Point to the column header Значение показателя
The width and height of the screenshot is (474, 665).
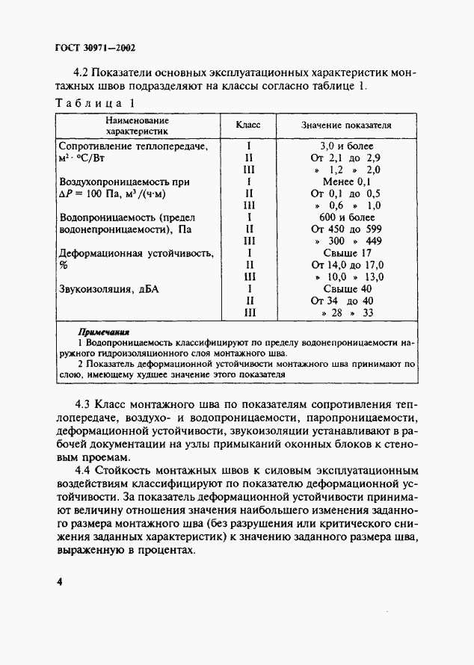click(346, 125)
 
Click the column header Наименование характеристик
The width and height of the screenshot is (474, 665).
click(137, 124)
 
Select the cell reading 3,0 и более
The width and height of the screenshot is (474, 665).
click(346, 146)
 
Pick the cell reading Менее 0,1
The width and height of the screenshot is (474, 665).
click(346, 182)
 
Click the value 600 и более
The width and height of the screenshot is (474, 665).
click(346, 217)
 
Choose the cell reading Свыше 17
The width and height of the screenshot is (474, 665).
click(346, 253)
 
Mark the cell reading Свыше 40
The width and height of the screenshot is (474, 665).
click(346, 288)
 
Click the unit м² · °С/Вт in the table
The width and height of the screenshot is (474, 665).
click(83, 159)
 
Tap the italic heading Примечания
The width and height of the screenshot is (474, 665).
click(104, 330)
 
